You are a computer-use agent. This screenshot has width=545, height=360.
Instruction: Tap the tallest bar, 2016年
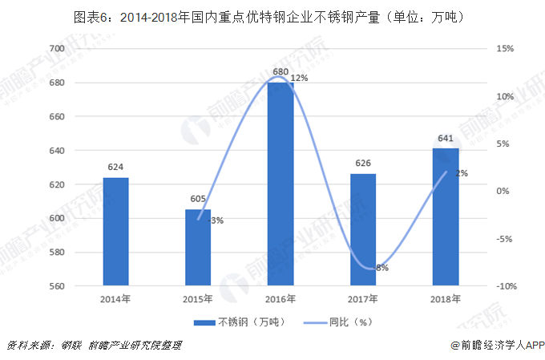click(281, 184)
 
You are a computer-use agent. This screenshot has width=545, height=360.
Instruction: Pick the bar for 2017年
click(363, 229)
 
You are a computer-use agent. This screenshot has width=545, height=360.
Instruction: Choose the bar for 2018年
click(446, 216)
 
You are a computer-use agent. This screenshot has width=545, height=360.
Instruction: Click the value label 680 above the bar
click(281, 72)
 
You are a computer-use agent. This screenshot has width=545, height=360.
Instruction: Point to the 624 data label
click(115, 168)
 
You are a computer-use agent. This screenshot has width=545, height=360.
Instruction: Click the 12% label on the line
click(299, 79)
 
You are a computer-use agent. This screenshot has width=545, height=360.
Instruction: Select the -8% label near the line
click(380, 268)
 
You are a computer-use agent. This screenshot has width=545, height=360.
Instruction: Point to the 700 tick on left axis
click(56, 49)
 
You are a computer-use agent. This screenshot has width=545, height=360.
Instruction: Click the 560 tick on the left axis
click(56, 286)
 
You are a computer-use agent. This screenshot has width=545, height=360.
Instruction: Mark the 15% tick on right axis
click(504, 49)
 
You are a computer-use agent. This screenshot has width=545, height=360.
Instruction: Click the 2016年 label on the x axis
click(281, 300)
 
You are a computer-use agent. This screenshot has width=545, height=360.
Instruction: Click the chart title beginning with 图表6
click(272, 17)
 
